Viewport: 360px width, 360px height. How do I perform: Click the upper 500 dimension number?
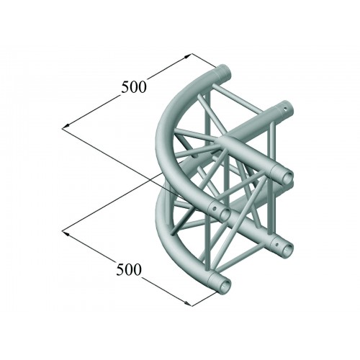click(x=133, y=86)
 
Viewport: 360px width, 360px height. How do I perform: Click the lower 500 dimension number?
click(x=128, y=269)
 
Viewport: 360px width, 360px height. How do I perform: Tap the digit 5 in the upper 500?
click(x=125, y=87)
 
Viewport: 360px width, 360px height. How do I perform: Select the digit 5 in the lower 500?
click(x=120, y=269)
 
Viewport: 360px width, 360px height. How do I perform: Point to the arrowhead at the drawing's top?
click(x=187, y=56)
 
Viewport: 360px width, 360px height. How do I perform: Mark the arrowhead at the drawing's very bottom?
click(x=187, y=303)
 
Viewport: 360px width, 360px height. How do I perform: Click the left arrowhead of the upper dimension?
click(x=66, y=126)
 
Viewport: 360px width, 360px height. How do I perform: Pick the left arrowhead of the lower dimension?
click(x=66, y=233)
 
